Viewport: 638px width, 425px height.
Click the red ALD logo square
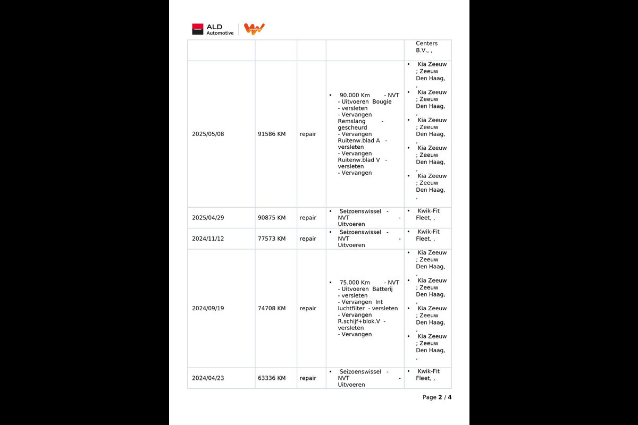pyautogui.click(x=198, y=29)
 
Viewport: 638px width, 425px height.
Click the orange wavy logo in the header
pyautogui.click(x=254, y=29)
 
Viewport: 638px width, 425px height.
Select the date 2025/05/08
pyautogui.click(x=208, y=134)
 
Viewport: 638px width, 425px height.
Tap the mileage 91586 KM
pyautogui.click(x=272, y=134)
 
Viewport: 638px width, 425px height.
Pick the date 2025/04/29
pyautogui.click(x=208, y=218)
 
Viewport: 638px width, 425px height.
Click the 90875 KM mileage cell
pyautogui.click(x=272, y=218)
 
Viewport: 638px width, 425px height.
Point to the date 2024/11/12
pyautogui.click(x=208, y=239)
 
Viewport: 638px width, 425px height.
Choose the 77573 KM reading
pyautogui.click(x=272, y=239)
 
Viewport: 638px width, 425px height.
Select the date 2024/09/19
pyautogui.click(x=208, y=308)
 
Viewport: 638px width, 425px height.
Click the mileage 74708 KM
pyautogui.click(x=272, y=308)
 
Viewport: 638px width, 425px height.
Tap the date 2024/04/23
pyautogui.click(x=208, y=378)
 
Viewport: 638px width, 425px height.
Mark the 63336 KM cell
pyautogui.click(x=272, y=378)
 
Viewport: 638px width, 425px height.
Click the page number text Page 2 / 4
pyautogui.click(x=437, y=397)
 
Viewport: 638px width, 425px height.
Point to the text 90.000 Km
pyautogui.click(x=355, y=95)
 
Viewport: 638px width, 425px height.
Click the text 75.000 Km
pyautogui.click(x=355, y=283)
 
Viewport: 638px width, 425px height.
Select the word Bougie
pyautogui.click(x=382, y=101)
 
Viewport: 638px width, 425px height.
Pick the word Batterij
pyautogui.click(x=382, y=289)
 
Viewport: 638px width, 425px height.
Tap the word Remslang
pyautogui.click(x=351, y=121)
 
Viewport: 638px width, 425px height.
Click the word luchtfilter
pyautogui.click(x=352, y=309)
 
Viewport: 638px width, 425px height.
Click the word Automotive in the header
pyautogui.click(x=220, y=33)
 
